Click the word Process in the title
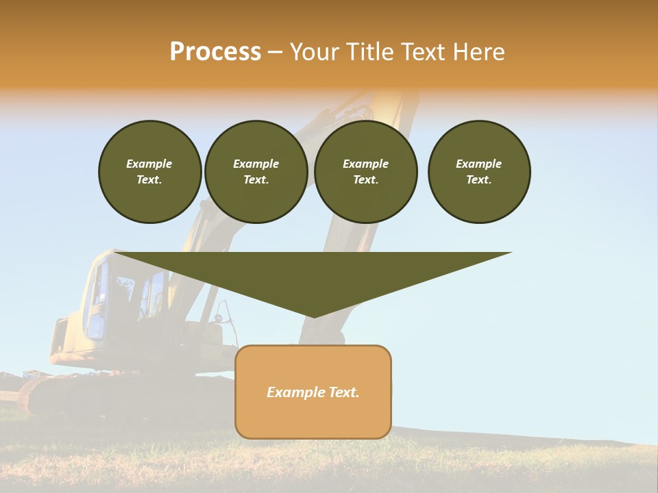(215, 52)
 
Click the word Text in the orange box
(343, 392)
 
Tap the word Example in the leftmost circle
(149, 164)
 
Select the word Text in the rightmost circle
(478, 179)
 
